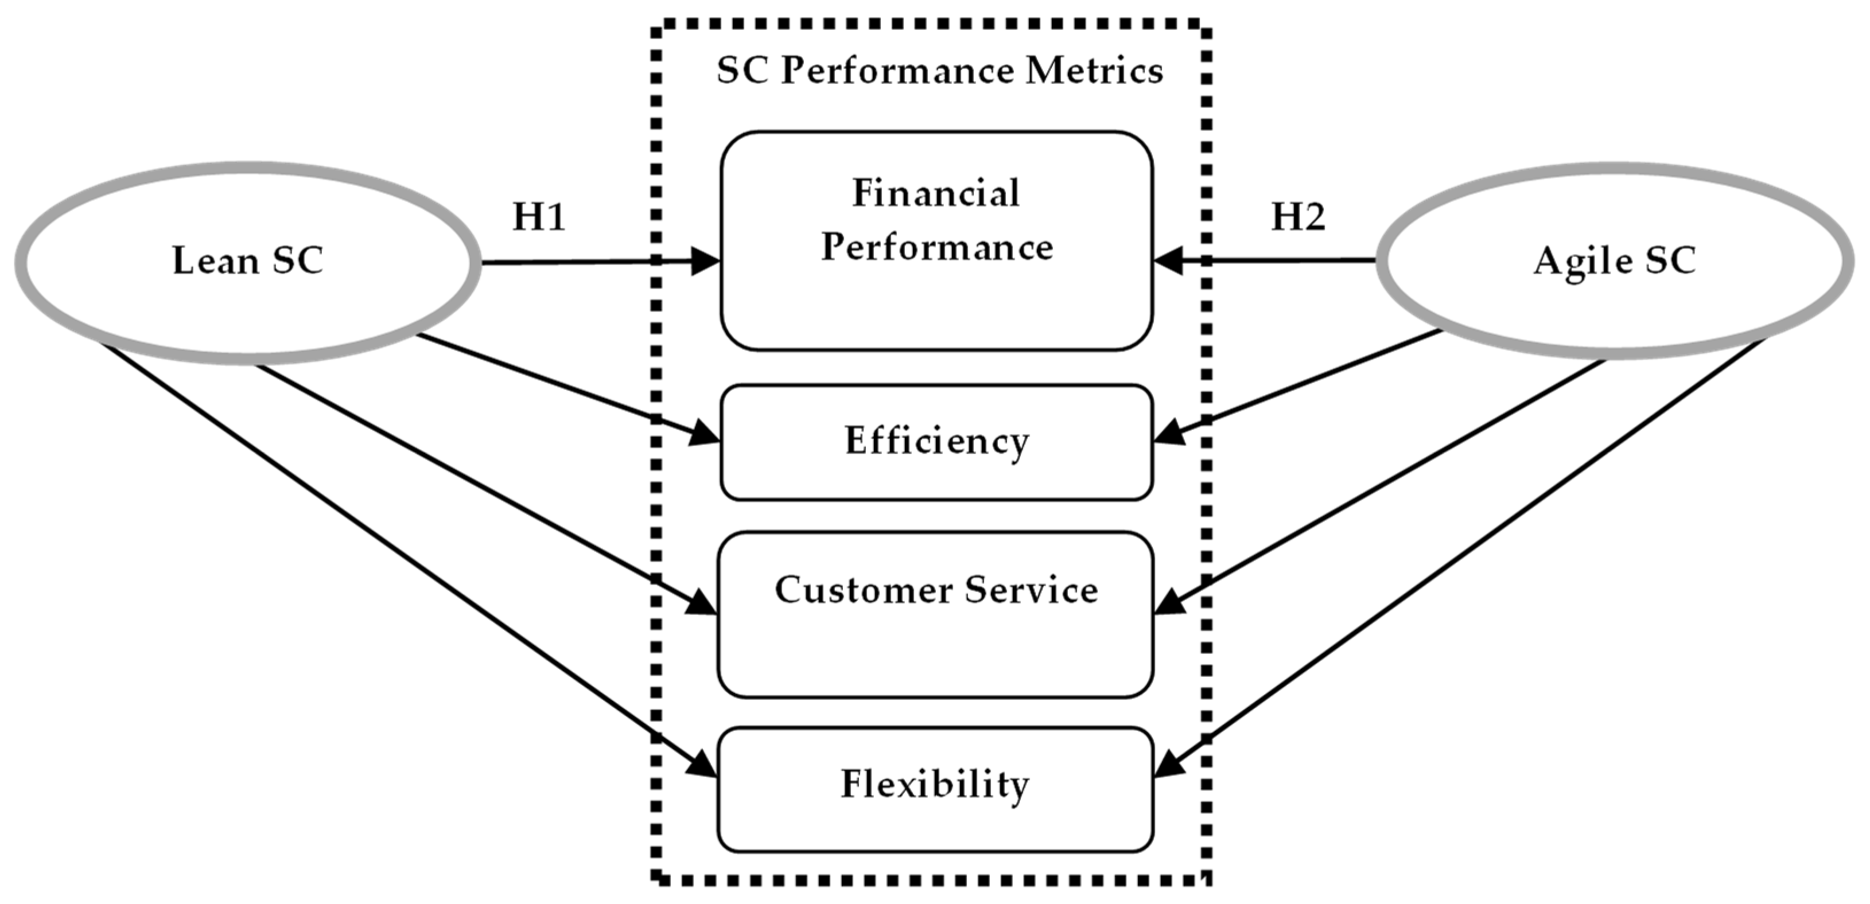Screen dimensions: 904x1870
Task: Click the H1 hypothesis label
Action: click(539, 216)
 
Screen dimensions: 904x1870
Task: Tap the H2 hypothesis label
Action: click(1298, 216)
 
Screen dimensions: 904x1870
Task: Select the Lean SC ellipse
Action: click(247, 261)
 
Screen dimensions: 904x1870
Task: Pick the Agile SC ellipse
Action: click(1615, 261)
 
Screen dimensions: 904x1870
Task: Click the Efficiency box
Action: click(936, 442)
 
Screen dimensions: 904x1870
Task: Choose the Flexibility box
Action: click(935, 789)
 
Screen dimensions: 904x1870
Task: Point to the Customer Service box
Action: click(935, 614)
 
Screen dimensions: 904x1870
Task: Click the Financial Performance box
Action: click(936, 241)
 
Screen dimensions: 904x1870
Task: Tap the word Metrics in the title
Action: click(1094, 71)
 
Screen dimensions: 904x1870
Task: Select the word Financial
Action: click(936, 193)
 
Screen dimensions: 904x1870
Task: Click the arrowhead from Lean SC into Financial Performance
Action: click(704, 261)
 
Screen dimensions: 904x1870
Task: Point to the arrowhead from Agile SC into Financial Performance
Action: click(1169, 260)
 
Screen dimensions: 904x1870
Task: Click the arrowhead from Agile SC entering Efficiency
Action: click(1169, 434)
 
